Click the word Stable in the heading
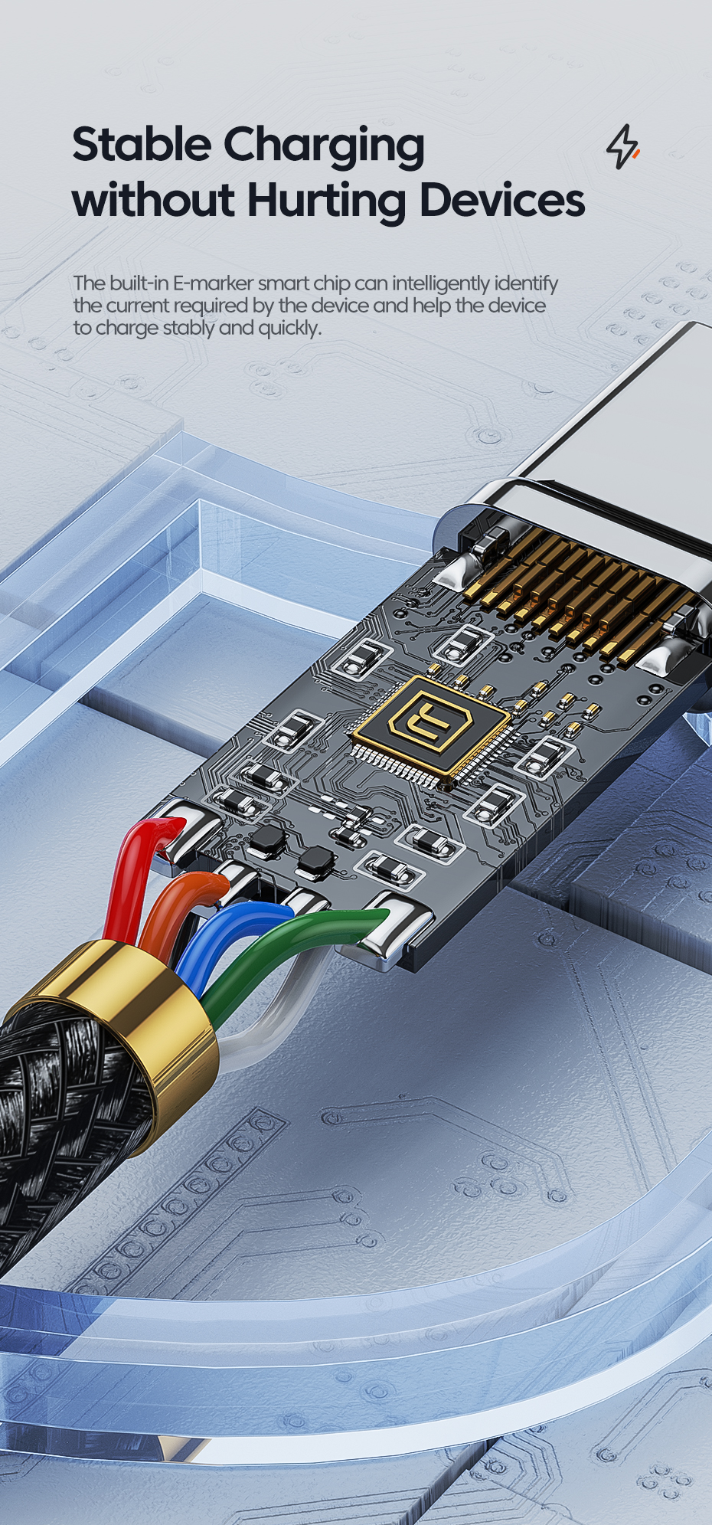click(x=141, y=145)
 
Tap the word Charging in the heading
click(x=324, y=147)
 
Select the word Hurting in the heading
click(x=327, y=200)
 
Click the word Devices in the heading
click(x=501, y=200)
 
